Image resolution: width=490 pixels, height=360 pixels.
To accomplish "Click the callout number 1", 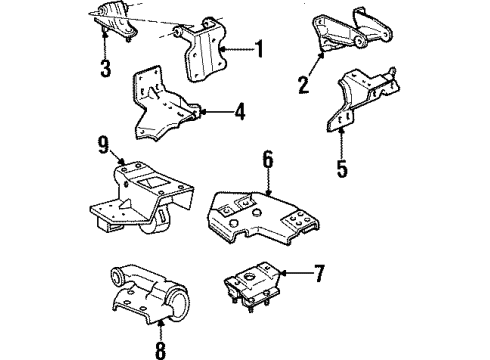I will (x=260, y=47).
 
